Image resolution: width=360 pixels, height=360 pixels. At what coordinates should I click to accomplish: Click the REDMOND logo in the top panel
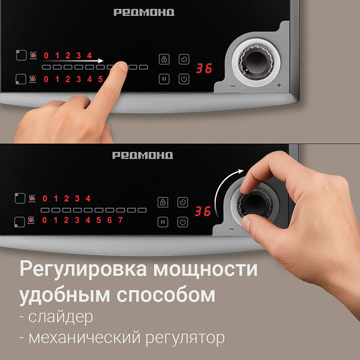click(144, 12)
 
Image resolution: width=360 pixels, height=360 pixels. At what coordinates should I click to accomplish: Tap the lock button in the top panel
click(164, 60)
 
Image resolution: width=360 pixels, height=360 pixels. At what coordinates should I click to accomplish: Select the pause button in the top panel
click(164, 79)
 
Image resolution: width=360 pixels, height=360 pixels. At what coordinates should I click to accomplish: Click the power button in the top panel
click(184, 79)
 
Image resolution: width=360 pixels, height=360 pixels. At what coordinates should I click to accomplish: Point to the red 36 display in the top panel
click(203, 69)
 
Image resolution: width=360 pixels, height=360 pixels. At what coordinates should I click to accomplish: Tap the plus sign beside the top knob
click(279, 85)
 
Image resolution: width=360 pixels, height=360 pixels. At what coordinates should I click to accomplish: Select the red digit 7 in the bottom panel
click(120, 220)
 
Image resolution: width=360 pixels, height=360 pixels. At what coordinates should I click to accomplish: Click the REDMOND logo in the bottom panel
click(143, 156)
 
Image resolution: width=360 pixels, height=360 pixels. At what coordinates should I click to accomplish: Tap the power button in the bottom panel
click(183, 222)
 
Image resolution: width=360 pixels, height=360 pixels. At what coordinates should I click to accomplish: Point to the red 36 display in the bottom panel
click(203, 211)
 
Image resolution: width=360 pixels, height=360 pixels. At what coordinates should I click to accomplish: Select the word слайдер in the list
click(60, 317)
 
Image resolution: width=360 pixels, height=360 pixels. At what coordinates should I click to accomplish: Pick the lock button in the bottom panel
click(163, 202)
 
